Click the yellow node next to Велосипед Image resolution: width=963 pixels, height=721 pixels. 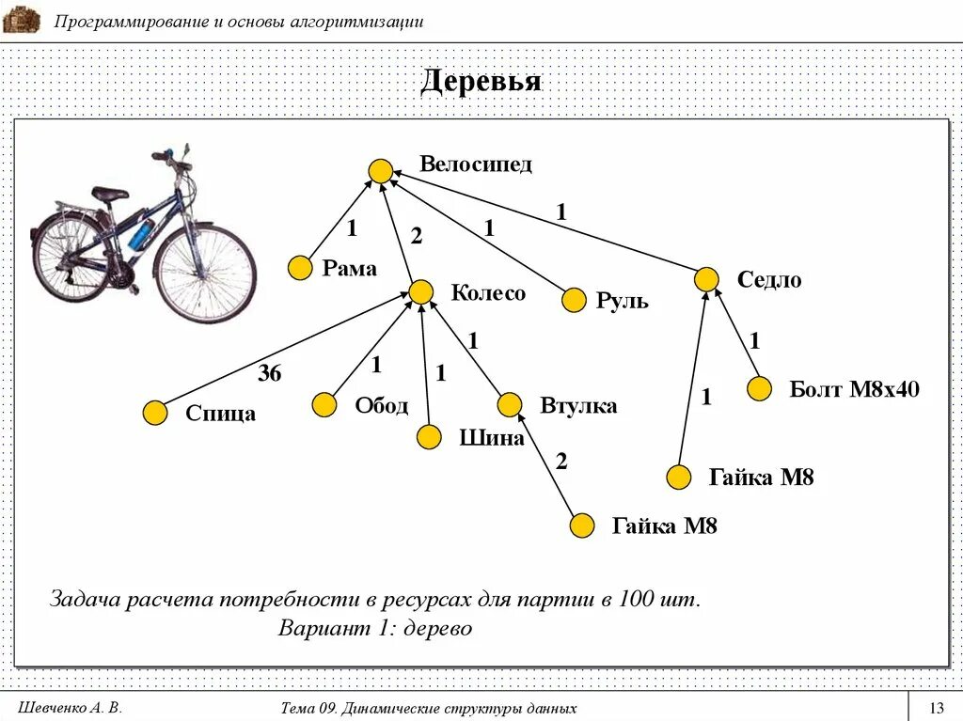tap(380, 171)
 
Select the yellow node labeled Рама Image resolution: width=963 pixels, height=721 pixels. tap(300, 268)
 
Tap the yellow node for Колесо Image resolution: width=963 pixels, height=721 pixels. tap(420, 291)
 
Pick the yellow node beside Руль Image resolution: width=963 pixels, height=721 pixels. tap(574, 301)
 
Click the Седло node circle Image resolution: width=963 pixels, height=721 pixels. tap(707, 279)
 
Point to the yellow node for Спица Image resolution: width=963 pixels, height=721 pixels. tap(155, 413)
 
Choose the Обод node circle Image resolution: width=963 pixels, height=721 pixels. tap(324, 405)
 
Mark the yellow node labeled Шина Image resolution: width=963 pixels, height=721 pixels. tap(429, 436)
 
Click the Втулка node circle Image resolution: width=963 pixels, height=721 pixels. tap(510, 405)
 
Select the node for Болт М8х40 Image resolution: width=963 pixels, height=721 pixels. tap(760, 388)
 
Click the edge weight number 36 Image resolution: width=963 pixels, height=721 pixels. tap(270, 374)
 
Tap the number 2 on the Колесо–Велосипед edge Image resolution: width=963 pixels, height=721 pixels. tap(417, 239)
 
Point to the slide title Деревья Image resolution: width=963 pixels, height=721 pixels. tap(481, 82)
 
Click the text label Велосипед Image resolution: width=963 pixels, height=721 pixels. tap(476, 165)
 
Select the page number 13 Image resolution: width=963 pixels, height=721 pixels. tap(936, 708)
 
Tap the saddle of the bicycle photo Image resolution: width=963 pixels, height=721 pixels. tap(110, 193)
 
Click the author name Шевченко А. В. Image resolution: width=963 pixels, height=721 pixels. tap(71, 708)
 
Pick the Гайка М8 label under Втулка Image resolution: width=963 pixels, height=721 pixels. tap(665, 525)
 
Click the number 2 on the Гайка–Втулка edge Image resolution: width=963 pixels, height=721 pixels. tap(561, 462)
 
